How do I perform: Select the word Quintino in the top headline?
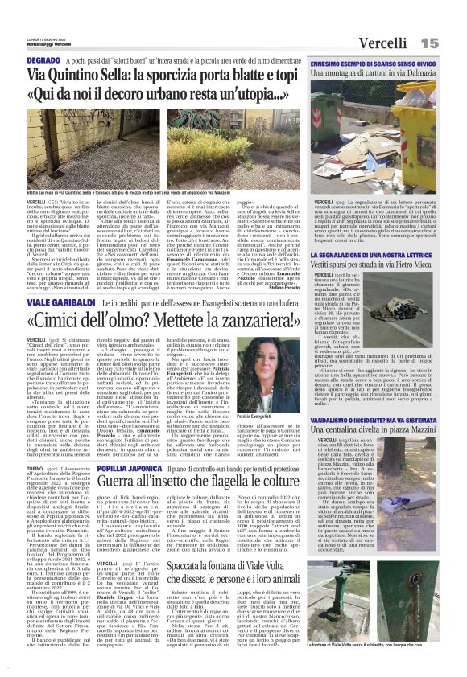point(93,76)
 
